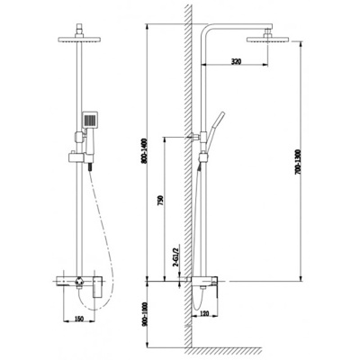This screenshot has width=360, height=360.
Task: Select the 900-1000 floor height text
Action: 146,312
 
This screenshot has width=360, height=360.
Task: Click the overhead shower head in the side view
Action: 268,39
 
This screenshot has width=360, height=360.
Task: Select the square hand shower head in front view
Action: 89,120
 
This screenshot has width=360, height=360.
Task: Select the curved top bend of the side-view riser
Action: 209,31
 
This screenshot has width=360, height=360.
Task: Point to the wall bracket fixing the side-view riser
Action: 193,137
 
